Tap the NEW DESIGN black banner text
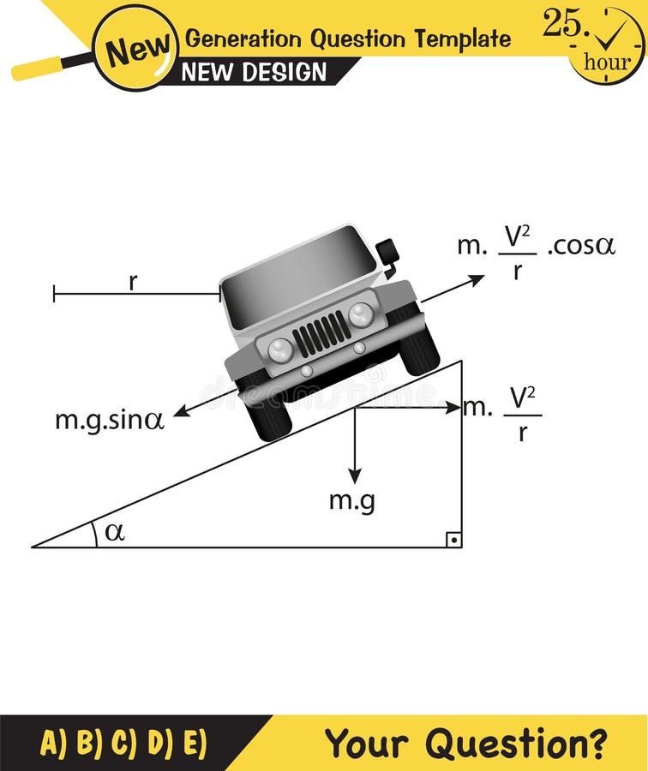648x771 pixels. point(255,72)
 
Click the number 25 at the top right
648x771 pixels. point(562,24)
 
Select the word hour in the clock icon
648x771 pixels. point(607,62)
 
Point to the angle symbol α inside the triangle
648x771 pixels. point(114,532)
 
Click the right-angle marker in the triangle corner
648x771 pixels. point(453,539)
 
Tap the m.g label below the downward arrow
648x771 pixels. point(351,501)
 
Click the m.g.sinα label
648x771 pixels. point(110,420)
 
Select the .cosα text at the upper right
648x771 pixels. point(581,246)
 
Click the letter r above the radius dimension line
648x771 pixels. point(133,282)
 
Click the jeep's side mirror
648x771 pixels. point(388,253)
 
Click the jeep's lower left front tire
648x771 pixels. point(267,413)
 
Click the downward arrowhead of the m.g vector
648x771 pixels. point(354,476)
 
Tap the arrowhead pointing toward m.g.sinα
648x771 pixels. point(181,414)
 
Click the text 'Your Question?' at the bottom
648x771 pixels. point(465,743)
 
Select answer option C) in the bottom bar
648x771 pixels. point(123,743)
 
